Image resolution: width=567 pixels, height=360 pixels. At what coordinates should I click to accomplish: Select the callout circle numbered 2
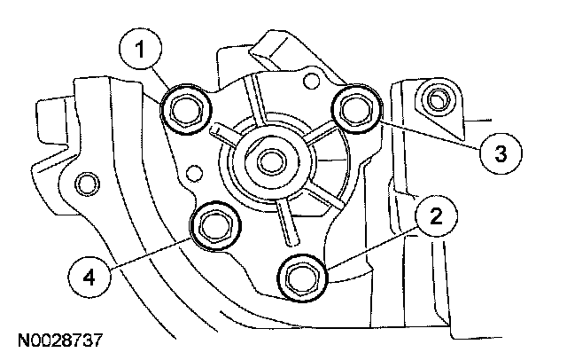pos(433,215)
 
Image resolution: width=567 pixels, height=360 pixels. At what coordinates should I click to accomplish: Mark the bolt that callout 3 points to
pos(356,108)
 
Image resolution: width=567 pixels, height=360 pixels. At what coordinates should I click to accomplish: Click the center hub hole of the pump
pos(269,163)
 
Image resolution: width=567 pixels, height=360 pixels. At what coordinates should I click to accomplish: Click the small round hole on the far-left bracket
pos(85,184)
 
